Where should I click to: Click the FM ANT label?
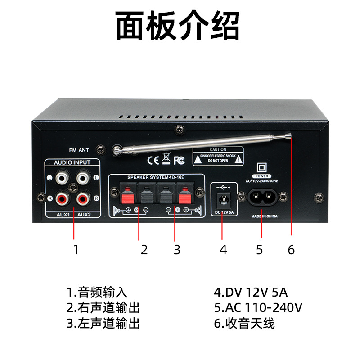point(79,150)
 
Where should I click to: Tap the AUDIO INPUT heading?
point(72,162)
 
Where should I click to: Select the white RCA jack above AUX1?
point(63,178)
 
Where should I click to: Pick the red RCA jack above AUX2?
point(83,198)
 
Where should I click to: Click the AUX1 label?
point(63,215)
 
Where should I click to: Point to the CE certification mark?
point(153,160)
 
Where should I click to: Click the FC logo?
point(179,160)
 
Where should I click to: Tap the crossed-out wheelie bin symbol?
point(166,158)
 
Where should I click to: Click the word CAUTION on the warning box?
point(218,150)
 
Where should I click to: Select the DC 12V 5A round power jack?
point(224,199)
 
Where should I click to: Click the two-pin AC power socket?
point(262,197)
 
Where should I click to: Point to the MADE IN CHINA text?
point(264,216)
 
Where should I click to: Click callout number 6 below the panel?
point(291,250)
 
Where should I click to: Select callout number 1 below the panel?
point(76,250)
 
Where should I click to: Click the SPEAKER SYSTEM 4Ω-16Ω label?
point(156,177)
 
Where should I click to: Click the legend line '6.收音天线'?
point(244,323)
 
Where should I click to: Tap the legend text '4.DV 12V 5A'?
point(251,292)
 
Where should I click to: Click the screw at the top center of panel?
point(180,130)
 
